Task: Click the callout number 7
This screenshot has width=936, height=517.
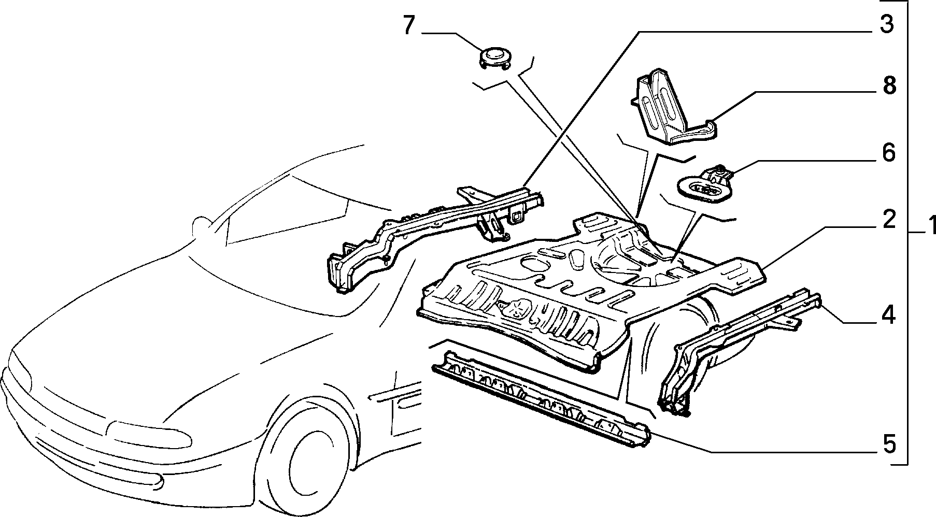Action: click(409, 25)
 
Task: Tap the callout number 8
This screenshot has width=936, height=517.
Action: click(889, 85)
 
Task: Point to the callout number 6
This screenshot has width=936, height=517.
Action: click(888, 153)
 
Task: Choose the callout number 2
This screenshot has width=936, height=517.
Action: click(888, 220)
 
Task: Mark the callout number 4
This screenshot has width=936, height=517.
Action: click(888, 314)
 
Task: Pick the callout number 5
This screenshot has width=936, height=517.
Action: click(889, 443)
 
